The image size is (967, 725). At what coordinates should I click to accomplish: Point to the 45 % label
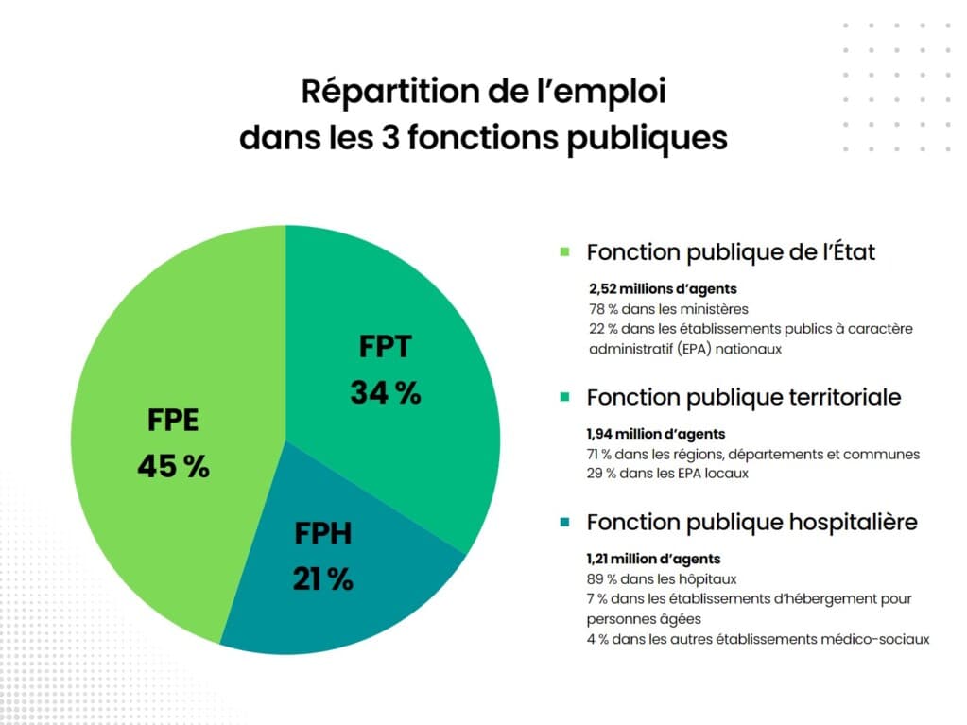[x=173, y=466]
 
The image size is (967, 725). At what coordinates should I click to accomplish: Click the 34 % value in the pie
[x=386, y=392]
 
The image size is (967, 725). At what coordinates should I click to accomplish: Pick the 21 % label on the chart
[x=322, y=578]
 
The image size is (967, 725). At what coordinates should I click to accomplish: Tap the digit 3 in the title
[x=392, y=138]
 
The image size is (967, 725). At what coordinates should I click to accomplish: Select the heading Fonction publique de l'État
[x=731, y=252]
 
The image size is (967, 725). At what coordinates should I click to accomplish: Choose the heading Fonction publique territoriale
[x=743, y=397]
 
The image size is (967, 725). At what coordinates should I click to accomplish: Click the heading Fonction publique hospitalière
[x=751, y=522]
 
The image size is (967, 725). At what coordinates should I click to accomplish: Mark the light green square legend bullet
[x=564, y=252]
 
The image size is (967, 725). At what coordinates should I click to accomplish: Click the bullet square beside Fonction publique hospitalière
[x=564, y=522]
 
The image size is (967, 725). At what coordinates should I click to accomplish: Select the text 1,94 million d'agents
[x=656, y=434]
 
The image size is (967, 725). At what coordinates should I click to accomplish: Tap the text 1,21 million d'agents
[x=653, y=559]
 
